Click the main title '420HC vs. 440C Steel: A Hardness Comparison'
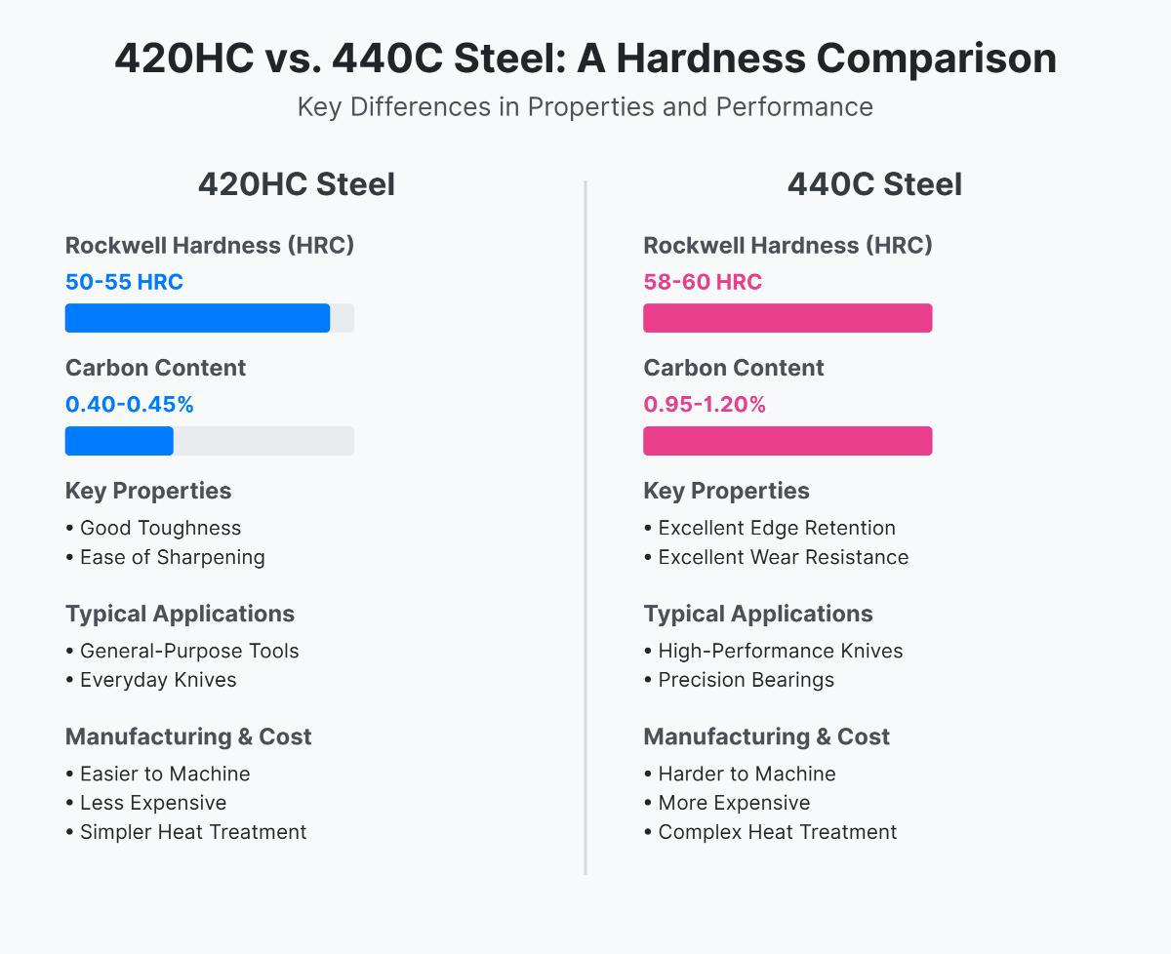pos(585,59)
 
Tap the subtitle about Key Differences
pos(585,106)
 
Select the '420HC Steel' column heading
pos(297,184)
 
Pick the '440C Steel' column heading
pos(874,184)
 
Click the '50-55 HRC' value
pos(124,282)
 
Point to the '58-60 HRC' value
pos(703,282)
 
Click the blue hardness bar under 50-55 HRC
pos(197,318)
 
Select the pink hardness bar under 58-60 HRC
pos(787,318)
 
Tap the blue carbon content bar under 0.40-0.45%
pos(119,441)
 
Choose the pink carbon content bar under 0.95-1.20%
pos(787,441)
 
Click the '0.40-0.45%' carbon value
pos(130,404)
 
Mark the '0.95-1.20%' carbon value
pos(705,404)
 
